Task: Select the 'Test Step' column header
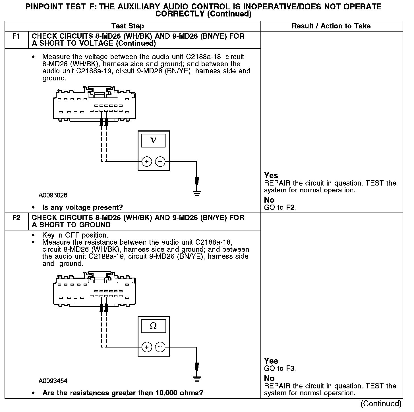point(128,26)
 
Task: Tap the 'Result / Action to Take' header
point(331,26)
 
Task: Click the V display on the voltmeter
point(154,141)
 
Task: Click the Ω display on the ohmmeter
point(154,326)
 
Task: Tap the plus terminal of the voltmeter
point(147,162)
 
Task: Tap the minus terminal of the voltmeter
point(160,162)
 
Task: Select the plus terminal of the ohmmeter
point(147,347)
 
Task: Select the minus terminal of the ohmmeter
point(160,347)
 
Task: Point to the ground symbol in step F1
point(196,193)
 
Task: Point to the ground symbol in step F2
point(196,378)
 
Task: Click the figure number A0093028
point(53,195)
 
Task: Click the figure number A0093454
point(53,381)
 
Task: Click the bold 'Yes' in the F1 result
point(271,176)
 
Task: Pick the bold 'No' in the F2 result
point(269,378)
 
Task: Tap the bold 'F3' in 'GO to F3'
point(290,369)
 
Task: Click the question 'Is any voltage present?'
point(82,208)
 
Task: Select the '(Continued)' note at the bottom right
point(381,404)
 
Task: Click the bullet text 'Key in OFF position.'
point(75,235)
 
